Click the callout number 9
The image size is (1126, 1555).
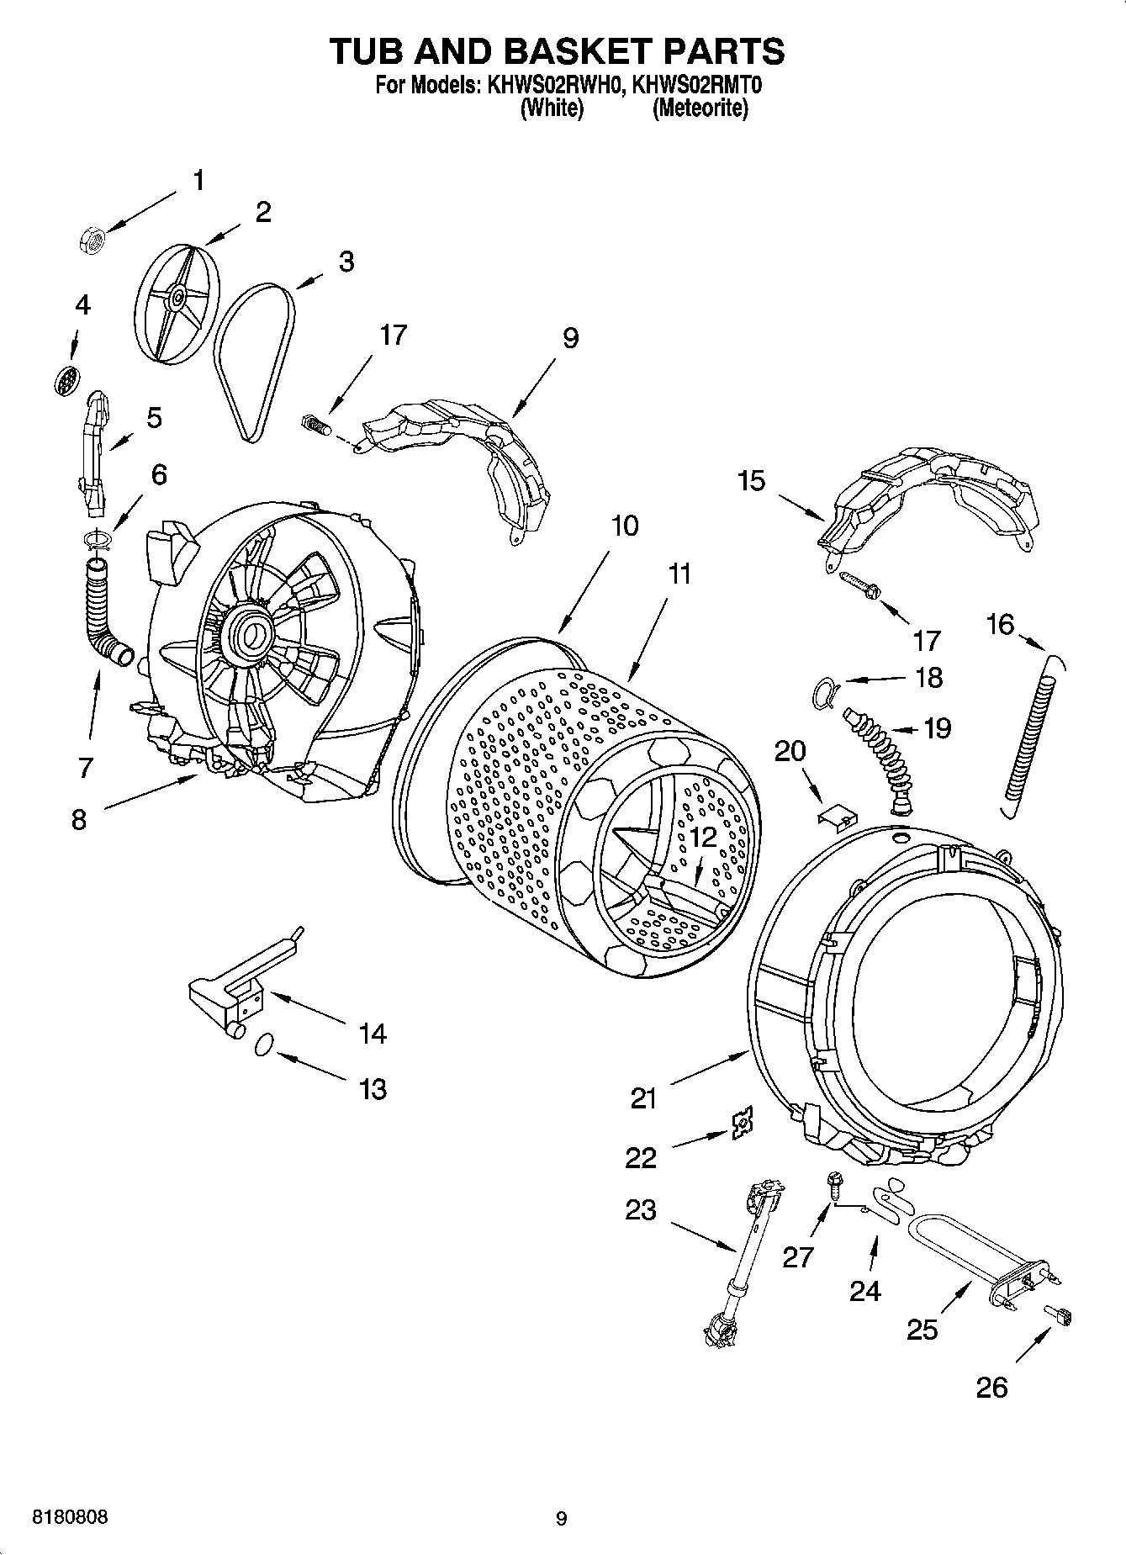pyautogui.click(x=570, y=338)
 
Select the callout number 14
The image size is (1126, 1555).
pyautogui.click(x=373, y=1033)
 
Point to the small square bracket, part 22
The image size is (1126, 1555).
pyautogui.click(x=742, y=1122)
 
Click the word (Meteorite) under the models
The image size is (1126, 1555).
pyautogui.click(x=700, y=108)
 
